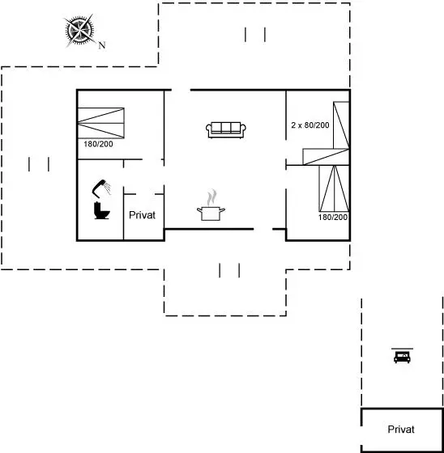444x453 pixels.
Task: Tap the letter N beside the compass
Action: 102,45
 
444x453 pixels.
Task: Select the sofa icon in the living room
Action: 226,129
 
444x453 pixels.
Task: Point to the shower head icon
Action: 101,188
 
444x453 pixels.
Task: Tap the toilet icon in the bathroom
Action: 101,210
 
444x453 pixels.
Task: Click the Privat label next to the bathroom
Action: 142,215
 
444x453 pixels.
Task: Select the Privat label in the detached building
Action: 401,430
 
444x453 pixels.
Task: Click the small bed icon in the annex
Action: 402,356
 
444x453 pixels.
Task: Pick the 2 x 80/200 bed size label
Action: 310,125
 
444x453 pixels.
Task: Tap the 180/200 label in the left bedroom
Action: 98,144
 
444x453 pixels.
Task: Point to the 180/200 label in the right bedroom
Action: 333,218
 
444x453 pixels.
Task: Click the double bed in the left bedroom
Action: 101,123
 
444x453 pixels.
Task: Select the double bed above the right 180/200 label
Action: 334,188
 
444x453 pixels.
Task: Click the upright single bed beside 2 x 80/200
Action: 341,125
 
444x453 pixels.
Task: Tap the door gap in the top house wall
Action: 181,90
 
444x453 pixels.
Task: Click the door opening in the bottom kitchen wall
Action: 263,230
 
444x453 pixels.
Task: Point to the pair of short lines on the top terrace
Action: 255,35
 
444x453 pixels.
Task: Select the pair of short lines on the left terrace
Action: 39,164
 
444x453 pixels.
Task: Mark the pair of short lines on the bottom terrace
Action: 229,270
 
